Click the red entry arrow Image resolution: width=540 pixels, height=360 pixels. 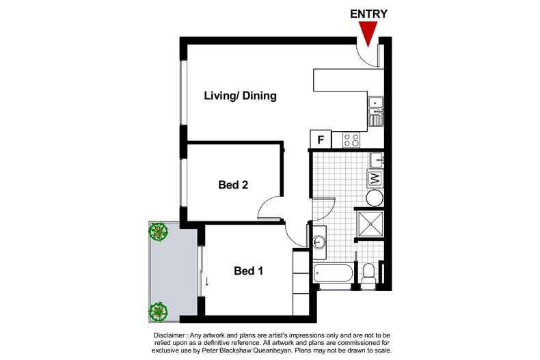click(x=368, y=33)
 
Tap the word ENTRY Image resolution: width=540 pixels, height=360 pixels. click(x=368, y=14)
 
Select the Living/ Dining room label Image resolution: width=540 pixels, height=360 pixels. click(x=240, y=96)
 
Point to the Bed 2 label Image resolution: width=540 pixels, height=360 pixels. click(x=233, y=185)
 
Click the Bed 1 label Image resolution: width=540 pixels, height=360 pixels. click(x=248, y=271)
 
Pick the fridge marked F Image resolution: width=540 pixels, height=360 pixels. click(x=321, y=139)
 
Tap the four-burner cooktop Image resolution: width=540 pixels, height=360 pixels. click(x=351, y=140)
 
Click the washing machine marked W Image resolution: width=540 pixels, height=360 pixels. click(x=375, y=178)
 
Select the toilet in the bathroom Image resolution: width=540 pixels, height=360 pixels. click(x=369, y=275)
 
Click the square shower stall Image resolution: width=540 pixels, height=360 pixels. click(x=370, y=224)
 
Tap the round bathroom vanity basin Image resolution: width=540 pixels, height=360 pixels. click(x=319, y=242)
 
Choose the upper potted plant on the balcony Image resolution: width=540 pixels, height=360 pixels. click(x=159, y=232)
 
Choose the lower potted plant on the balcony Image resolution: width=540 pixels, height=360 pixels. click(x=158, y=311)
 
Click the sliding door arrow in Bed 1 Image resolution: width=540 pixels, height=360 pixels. click(x=206, y=281)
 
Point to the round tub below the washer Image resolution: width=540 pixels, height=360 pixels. click(x=375, y=198)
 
